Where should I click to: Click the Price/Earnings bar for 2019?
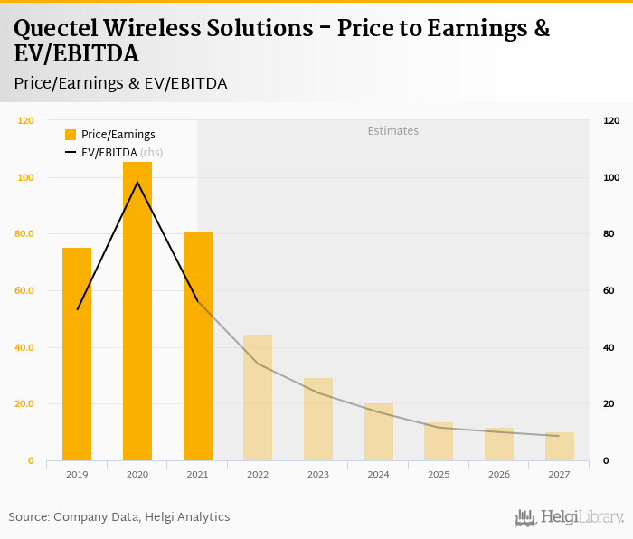[x=77, y=354]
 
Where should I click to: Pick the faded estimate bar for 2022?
[x=258, y=397]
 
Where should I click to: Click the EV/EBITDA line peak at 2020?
[x=137, y=183]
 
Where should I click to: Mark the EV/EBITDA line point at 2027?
[x=559, y=436]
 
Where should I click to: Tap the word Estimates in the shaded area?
[x=392, y=131]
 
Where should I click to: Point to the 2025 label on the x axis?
[x=439, y=474]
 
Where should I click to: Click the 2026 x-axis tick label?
[x=498, y=474]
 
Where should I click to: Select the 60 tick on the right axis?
[x=611, y=291]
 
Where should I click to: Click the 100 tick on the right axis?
[x=611, y=177]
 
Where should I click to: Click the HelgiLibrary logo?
[x=569, y=517]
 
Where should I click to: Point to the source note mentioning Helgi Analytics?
[x=119, y=517]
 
